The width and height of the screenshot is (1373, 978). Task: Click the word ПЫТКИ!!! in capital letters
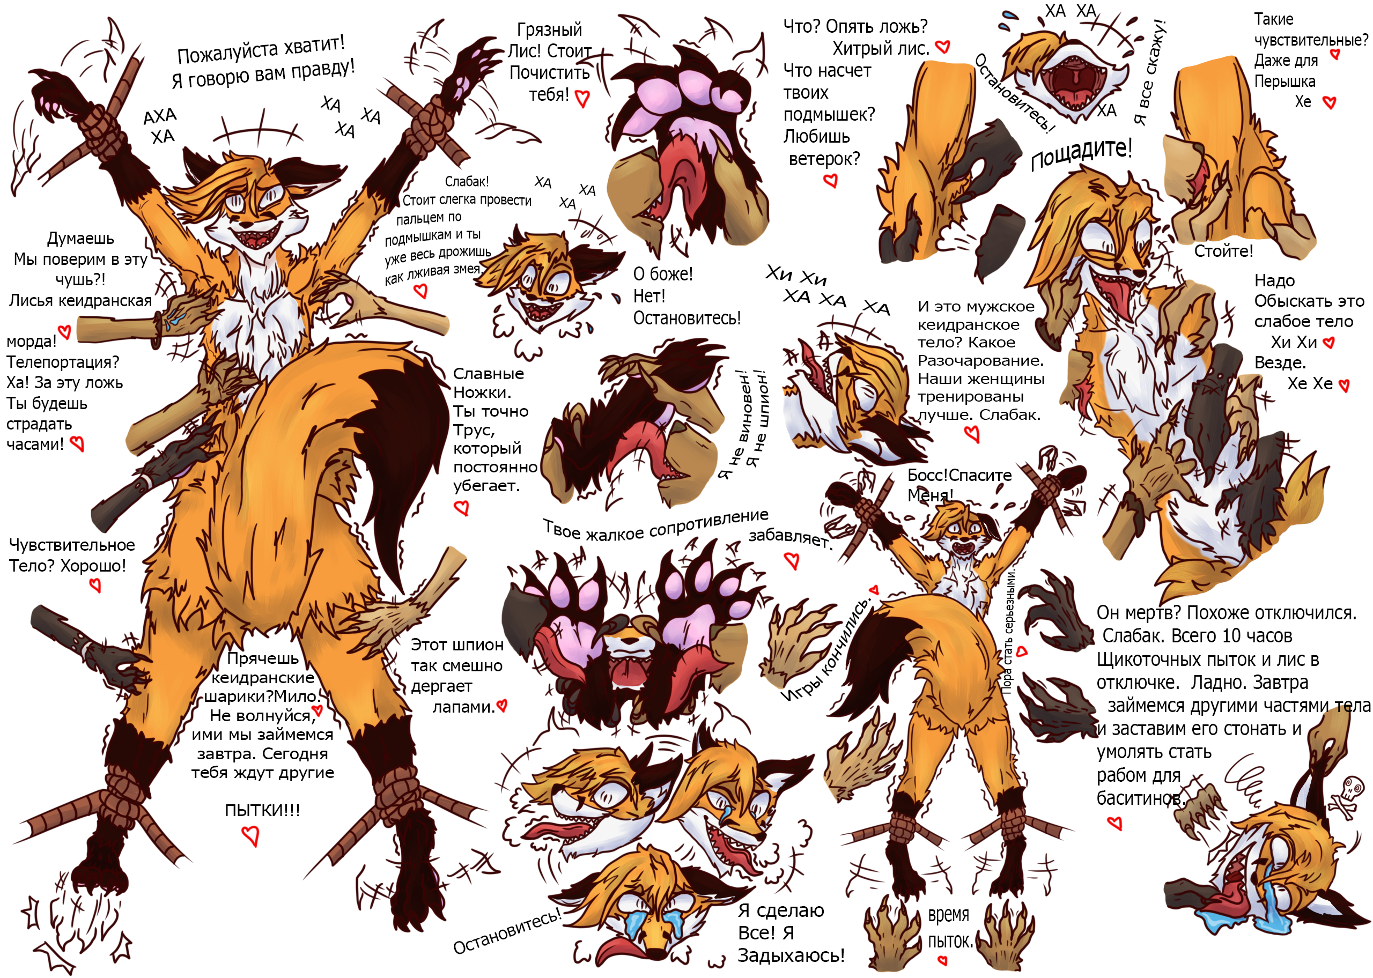pos(262,811)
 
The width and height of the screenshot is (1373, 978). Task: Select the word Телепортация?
pos(63,362)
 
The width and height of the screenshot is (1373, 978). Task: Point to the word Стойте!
pos(1223,251)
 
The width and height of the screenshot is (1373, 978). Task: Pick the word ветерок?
pos(824,159)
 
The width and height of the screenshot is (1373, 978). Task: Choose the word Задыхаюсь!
pos(791,955)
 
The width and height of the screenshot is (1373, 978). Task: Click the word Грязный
pos(549,29)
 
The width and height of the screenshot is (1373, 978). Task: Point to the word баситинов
pos(1139,798)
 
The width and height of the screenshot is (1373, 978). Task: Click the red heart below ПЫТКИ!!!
pos(250,836)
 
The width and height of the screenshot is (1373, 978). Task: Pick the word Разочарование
pos(980,361)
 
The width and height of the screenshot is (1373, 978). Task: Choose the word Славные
pos(489,374)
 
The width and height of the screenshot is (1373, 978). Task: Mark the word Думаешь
pos(80,239)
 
